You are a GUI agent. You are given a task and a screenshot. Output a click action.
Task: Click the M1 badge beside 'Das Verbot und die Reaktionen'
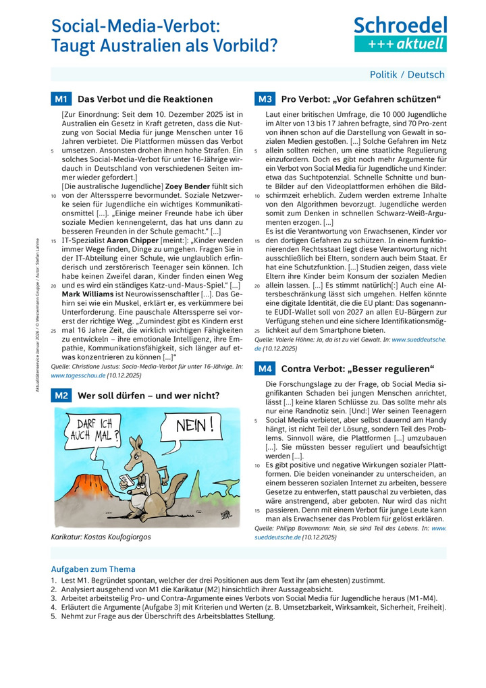61,99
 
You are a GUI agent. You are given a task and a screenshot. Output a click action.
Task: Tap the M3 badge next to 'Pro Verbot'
264,99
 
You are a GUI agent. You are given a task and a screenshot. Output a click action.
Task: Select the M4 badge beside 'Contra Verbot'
264,369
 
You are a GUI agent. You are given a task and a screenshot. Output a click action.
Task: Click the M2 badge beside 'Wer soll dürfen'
61,396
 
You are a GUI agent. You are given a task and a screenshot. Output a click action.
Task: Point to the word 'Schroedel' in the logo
400,25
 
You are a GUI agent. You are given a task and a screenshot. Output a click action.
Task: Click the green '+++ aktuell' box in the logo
400,44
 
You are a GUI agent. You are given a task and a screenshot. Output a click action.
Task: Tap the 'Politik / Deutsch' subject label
407,74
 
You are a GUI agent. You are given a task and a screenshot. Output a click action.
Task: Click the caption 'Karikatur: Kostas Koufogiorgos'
101,537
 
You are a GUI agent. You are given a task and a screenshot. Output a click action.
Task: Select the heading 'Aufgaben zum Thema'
93,568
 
